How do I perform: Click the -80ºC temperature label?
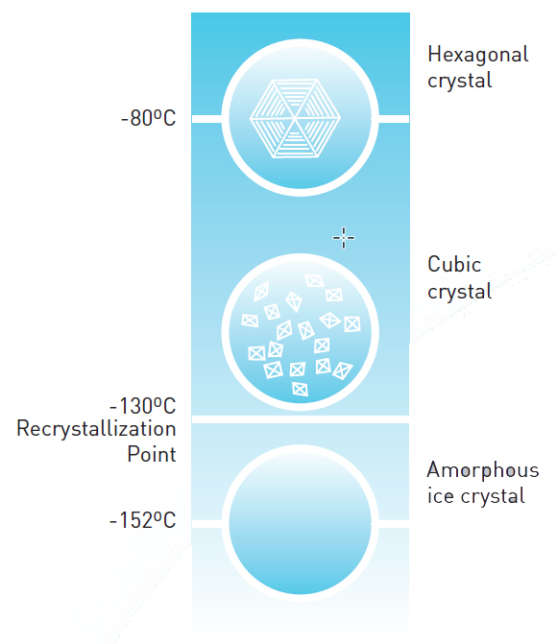pyautogui.click(x=149, y=120)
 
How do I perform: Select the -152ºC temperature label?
pyautogui.click(x=142, y=521)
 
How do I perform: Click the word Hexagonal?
pyautogui.click(x=477, y=56)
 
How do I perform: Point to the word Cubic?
pyautogui.click(x=454, y=265)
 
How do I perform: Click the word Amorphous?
pyautogui.click(x=482, y=470)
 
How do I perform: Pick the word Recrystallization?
pyautogui.click(x=96, y=429)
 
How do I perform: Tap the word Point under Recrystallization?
pyautogui.click(x=152, y=453)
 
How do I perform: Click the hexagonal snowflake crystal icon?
pyautogui.click(x=297, y=119)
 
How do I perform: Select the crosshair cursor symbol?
pyautogui.click(x=343, y=237)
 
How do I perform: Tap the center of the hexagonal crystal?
pyautogui.click(x=297, y=120)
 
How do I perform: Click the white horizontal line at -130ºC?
pyautogui.click(x=300, y=419)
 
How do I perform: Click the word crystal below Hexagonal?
pyautogui.click(x=459, y=81)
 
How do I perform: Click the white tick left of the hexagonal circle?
pyautogui.click(x=206, y=119)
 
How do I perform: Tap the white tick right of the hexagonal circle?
pyautogui.click(x=393, y=119)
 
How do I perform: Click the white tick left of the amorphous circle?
pyautogui.click(x=206, y=523)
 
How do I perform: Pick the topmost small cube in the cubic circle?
pyautogui.click(x=314, y=280)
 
